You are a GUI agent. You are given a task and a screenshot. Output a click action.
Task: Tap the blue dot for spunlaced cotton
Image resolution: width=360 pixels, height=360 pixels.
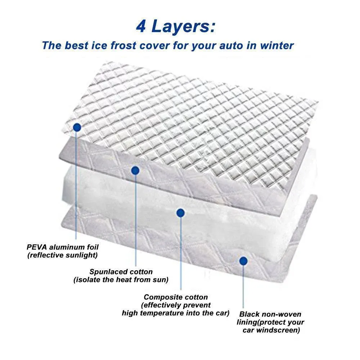135,170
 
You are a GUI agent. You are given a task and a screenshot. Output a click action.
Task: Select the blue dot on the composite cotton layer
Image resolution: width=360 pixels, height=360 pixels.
181,213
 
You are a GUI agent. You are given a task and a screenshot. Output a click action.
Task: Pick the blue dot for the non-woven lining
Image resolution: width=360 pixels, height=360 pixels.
243,260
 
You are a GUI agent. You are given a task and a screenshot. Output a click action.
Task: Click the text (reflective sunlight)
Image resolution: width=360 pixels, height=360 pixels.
62,255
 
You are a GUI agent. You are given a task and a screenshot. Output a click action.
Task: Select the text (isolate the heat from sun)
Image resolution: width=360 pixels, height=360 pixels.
121,280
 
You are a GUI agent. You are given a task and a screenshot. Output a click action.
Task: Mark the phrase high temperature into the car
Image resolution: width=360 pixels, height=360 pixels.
175,313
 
